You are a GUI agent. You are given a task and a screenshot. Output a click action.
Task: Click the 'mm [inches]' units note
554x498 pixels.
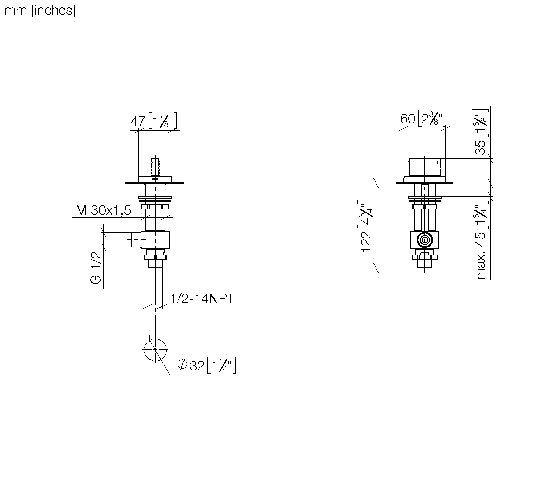(x=40, y=11)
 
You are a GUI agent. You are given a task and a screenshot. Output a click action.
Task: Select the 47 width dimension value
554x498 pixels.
(x=138, y=121)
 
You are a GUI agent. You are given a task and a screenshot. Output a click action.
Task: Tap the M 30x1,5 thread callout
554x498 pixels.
(x=103, y=210)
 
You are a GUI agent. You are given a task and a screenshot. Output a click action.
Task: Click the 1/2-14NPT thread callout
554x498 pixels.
(x=202, y=298)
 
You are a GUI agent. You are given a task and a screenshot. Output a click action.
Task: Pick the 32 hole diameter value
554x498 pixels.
(x=197, y=366)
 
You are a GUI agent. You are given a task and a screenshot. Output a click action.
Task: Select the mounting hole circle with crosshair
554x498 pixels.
(x=155, y=350)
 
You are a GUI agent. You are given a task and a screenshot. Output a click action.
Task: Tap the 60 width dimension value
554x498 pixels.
(x=408, y=119)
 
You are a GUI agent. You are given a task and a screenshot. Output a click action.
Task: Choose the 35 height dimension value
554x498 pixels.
(x=480, y=148)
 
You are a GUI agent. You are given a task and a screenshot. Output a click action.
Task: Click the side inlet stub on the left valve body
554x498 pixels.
(x=136, y=240)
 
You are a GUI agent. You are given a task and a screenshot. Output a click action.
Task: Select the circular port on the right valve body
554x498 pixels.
(x=424, y=240)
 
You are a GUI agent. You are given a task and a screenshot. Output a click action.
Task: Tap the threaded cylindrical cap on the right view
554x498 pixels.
(x=425, y=167)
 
